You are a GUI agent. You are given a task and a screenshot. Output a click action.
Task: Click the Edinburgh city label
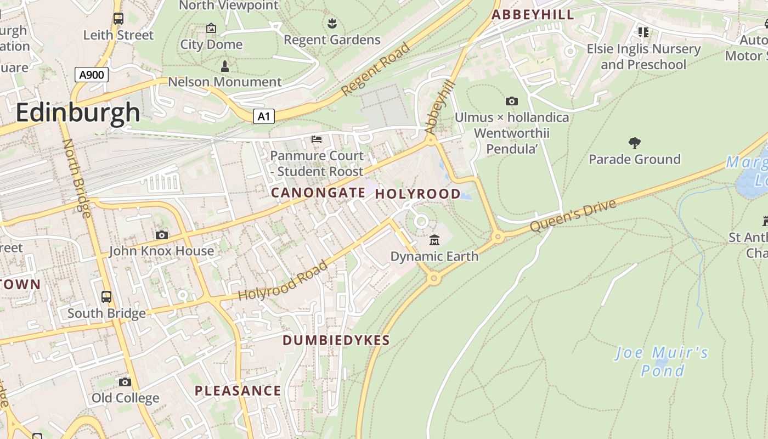tap(77, 112)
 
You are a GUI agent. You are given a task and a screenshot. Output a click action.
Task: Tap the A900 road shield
tap(92, 75)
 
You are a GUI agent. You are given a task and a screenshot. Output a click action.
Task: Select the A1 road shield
tap(264, 116)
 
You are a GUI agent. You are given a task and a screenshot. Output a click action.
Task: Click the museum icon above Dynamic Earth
tap(434, 240)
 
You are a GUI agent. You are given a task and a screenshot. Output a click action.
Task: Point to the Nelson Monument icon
tap(224, 66)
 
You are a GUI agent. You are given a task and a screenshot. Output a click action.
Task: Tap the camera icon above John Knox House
tap(161, 235)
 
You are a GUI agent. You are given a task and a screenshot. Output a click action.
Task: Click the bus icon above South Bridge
tap(106, 297)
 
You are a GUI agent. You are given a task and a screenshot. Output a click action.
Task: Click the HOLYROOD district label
tap(417, 194)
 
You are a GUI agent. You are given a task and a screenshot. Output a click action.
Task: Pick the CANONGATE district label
tap(318, 193)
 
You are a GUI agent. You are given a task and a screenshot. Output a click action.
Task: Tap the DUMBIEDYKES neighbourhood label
tap(336, 340)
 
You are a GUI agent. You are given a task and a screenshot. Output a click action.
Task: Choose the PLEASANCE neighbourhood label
tap(238, 391)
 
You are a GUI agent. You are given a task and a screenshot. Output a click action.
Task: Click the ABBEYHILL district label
tap(533, 15)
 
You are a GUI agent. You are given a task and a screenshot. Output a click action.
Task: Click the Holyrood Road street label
tap(283, 280)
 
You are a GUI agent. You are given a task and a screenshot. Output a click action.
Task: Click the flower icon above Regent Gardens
tap(332, 24)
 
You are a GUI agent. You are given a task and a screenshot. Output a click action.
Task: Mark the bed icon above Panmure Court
tap(317, 139)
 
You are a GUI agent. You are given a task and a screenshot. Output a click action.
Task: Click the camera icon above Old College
tap(125, 382)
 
